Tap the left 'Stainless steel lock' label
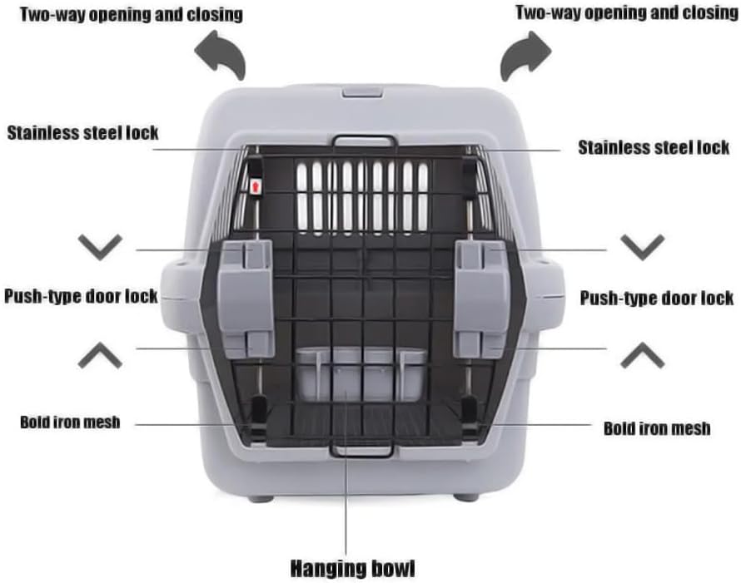click(x=82, y=132)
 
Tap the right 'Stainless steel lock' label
click(x=654, y=148)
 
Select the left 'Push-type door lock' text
click(x=81, y=296)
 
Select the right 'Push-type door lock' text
click(x=656, y=298)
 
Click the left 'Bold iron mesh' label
click(x=70, y=422)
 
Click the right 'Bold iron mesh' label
click(x=656, y=428)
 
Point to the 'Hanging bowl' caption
click(x=351, y=569)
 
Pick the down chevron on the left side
click(x=100, y=247)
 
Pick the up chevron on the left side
click(x=100, y=356)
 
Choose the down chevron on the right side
click(x=642, y=247)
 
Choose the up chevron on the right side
click(x=642, y=356)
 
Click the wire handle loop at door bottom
click(x=361, y=450)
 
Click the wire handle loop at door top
click(x=364, y=141)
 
